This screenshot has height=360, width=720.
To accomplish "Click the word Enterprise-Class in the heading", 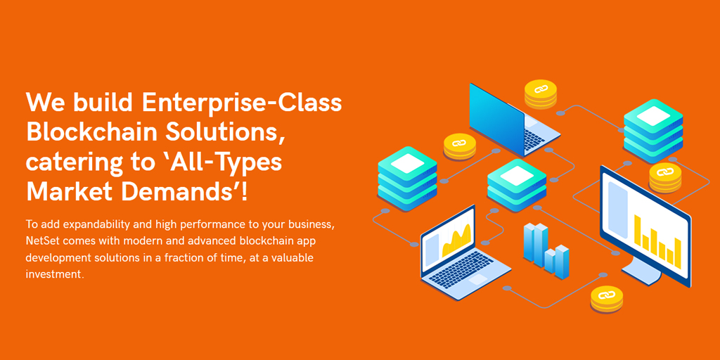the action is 242,103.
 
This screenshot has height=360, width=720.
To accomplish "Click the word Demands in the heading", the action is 181,191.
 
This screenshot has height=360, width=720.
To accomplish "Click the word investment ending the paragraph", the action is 55,275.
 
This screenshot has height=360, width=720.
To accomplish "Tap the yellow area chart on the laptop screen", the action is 456,240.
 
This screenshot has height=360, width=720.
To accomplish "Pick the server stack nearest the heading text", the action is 407,179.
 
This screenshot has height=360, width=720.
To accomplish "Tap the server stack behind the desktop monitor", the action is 653,131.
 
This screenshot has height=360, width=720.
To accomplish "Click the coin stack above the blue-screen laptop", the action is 541,94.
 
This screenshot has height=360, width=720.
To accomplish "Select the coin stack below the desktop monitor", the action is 607,299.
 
